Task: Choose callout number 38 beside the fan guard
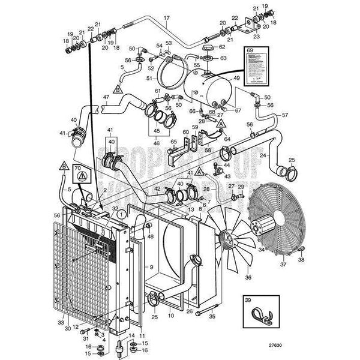click(301, 260)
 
